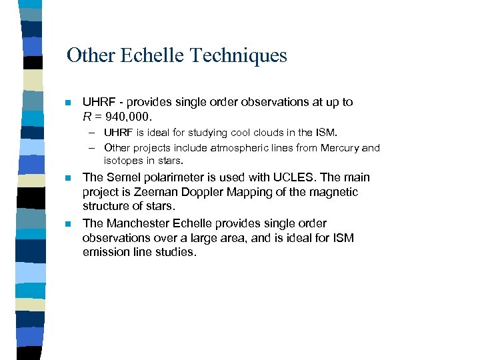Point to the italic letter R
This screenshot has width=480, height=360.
[87, 117]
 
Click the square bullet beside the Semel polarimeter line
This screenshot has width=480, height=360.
[67, 178]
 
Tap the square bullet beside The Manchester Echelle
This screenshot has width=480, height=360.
[67, 224]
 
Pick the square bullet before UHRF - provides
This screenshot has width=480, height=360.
[67, 103]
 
